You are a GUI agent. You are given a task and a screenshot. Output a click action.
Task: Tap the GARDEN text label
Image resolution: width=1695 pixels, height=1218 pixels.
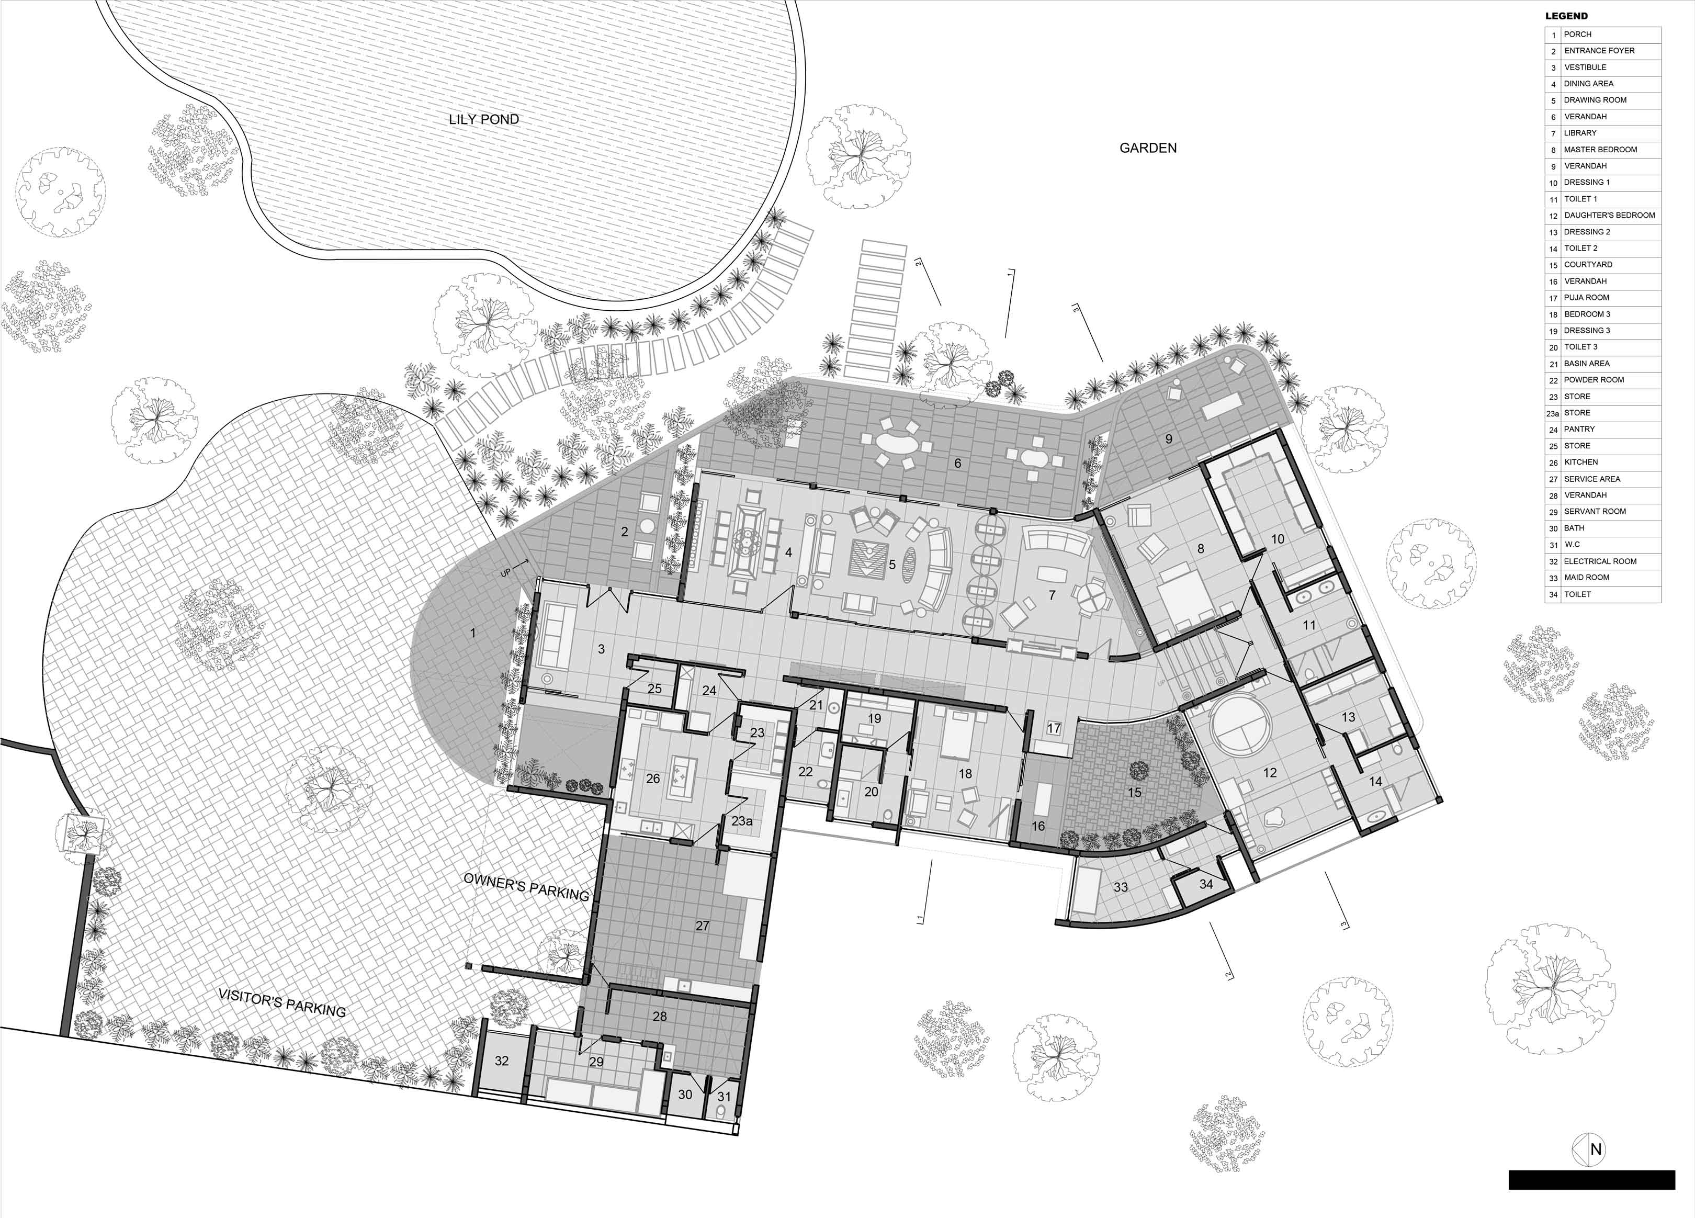click(x=1148, y=148)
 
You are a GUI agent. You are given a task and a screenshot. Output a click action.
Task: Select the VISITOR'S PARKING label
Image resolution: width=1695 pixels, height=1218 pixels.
click(x=282, y=1003)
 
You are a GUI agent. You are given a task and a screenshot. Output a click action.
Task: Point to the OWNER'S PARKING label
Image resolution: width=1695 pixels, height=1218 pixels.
click(x=526, y=886)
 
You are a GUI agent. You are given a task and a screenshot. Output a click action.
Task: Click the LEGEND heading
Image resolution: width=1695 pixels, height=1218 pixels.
click(x=1566, y=16)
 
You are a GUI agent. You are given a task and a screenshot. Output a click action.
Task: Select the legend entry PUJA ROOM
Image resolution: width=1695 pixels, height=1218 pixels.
click(x=1587, y=297)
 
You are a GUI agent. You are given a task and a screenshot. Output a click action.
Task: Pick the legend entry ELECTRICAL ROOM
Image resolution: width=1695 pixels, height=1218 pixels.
click(x=1600, y=561)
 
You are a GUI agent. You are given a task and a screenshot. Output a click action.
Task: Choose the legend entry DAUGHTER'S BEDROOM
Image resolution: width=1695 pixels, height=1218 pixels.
click(x=1609, y=215)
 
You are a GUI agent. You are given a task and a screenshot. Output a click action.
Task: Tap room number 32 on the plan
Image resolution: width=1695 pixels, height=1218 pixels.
click(x=502, y=1061)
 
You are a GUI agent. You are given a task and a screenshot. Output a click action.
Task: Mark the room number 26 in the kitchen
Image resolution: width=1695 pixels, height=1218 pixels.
click(x=652, y=779)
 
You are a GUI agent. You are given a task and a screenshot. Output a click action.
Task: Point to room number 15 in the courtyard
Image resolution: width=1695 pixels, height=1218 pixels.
click(x=1135, y=792)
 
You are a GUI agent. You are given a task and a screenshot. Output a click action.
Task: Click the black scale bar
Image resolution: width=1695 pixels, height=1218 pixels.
click(x=1592, y=1180)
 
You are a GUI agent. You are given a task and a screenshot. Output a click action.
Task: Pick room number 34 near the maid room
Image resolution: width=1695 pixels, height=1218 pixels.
click(x=1206, y=884)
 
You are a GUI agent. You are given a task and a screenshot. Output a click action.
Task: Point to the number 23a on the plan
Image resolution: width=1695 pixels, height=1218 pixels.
click(x=741, y=821)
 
